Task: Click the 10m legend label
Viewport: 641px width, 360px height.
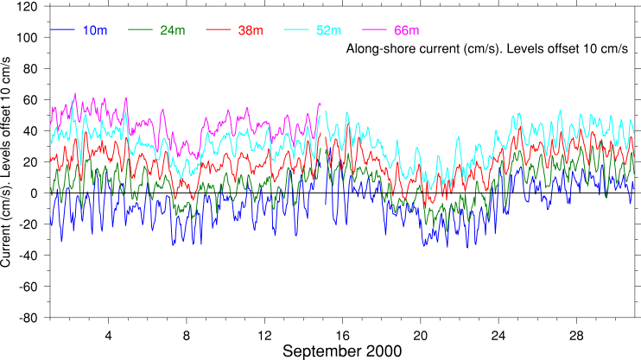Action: [x=95, y=31]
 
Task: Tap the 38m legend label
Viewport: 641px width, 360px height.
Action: [x=251, y=31]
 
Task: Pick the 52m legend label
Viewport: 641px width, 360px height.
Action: [x=328, y=31]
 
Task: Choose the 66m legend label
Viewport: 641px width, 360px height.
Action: [x=406, y=31]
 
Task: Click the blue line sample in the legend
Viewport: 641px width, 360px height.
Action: [x=63, y=31]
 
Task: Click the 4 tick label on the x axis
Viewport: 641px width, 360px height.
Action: [x=109, y=334]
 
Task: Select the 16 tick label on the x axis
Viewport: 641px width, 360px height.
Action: [x=342, y=334]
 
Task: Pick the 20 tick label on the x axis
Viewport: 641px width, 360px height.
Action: [x=421, y=334]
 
